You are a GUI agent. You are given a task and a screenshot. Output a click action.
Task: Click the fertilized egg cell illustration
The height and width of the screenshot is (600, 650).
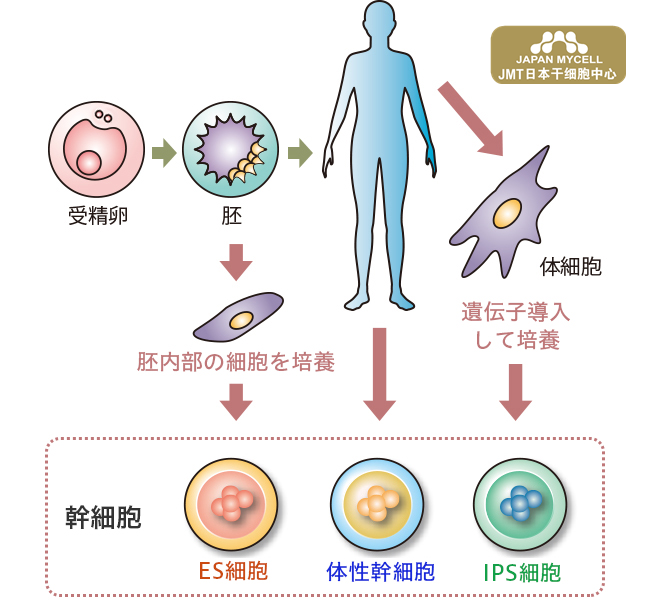[x=90, y=151]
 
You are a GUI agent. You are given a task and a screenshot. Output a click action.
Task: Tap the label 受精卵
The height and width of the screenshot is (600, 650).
[x=90, y=214]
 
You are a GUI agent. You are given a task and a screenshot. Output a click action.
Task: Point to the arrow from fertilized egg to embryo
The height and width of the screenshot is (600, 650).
[x=164, y=152]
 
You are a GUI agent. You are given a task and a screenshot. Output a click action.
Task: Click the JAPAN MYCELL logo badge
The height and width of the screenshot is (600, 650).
[x=558, y=54]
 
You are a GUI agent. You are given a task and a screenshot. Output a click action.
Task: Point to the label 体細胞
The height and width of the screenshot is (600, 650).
[x=570, y=267]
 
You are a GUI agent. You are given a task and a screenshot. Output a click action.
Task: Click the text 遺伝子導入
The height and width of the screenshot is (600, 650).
[x=515, y=312]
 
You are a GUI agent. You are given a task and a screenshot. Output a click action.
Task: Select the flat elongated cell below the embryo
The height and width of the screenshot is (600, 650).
[x=240, y=318]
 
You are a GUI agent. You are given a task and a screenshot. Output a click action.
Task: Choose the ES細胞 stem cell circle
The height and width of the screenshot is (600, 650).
[x=232, y=505]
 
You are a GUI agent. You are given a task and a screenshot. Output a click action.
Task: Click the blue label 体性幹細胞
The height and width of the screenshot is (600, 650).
[x=380, y=572]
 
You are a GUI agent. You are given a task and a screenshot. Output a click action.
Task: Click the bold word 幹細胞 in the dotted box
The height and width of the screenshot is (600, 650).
[x=103, y=517]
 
